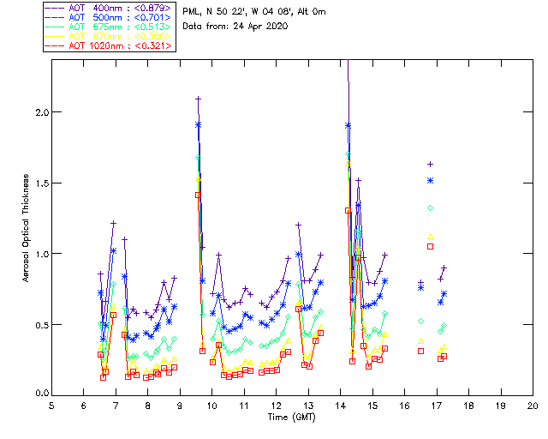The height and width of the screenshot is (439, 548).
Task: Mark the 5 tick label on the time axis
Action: [x=51, y=405]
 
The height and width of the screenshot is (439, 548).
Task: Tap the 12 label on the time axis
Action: [x=276, y=405]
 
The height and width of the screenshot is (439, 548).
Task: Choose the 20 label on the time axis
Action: [x=533, y=405]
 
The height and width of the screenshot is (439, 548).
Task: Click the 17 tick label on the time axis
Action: [x=437, y=405]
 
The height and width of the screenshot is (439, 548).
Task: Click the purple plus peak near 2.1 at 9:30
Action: [x=199, y=99]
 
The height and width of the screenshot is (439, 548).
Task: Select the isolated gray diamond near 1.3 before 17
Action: [x=431, y=208]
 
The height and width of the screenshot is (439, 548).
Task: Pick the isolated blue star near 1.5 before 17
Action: [x=431, y=180]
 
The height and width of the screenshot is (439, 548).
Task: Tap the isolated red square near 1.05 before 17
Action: [x=431, y=247]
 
